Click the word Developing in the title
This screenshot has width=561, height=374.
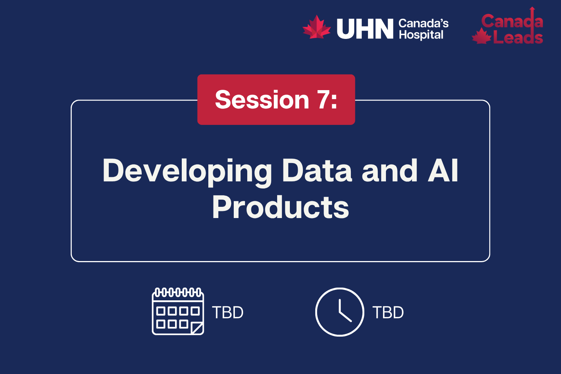(187, 171)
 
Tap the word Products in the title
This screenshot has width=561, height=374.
(280, 207)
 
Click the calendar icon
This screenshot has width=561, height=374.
(178, 311)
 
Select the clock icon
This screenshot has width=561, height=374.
(340, 312)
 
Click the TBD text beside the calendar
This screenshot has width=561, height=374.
(228, 313)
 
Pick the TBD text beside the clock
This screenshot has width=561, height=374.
(388, 313)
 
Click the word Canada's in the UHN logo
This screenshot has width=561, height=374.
(423, 24)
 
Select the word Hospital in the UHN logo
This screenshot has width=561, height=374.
(421, 35)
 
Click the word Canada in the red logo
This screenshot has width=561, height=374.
(512, 21)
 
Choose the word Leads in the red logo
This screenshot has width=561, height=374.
(518, 37)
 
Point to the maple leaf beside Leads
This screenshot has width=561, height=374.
(482, 37)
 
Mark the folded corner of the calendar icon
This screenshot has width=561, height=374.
(197, 328)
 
